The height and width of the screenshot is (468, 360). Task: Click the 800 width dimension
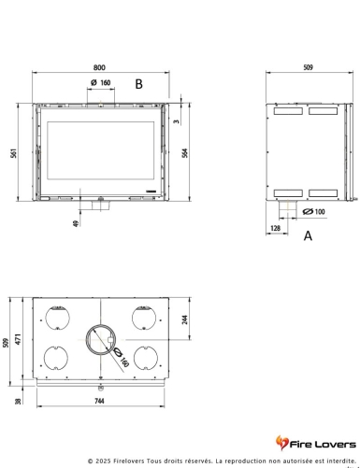[100, 66]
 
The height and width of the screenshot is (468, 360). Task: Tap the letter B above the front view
[137, 84]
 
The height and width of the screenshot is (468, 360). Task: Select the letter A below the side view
[308, 237]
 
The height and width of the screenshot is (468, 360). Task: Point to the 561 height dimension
[15, 153]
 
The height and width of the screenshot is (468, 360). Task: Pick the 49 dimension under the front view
[75, 222]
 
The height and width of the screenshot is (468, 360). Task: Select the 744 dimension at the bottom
[100, 402]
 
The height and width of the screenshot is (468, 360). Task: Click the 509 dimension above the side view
[308, 66]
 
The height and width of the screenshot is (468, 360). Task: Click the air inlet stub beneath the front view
[100, 206]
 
